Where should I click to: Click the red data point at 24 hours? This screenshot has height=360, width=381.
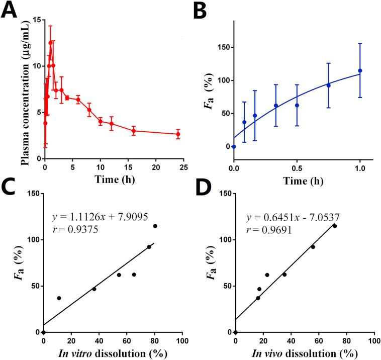(x=178, y=134)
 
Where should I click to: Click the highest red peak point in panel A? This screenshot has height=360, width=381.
(x=50, y=43)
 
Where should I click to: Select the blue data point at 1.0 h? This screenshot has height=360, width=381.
(x=360, y=71)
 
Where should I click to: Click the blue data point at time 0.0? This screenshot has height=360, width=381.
(x=234, y=146)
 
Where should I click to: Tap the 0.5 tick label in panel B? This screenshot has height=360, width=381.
(x=297, y=166)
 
